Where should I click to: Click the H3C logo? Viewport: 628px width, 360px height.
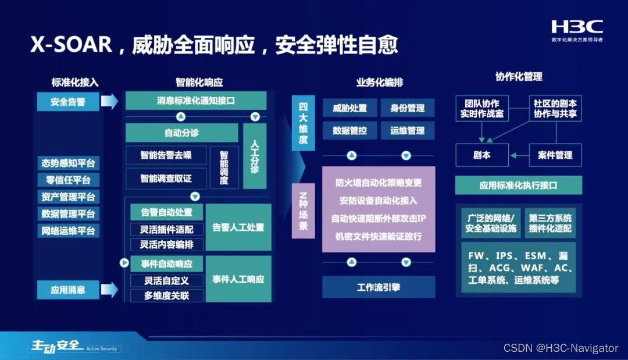[x=577, y=27]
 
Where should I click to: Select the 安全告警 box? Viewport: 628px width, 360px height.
[x=68, y=102]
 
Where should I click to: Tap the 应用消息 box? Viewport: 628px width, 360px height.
[x=68, y=289]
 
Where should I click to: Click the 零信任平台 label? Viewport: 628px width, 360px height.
[x=68, y=180]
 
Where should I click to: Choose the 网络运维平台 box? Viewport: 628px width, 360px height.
[x=68, y=230]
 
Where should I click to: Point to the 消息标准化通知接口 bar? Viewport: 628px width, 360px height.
[x=196, y=101]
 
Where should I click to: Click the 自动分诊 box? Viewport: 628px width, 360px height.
[x=181, y=133]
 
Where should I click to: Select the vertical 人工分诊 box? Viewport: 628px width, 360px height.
[x=254, y=156]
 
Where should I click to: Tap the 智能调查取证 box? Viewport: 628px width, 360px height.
[x=166, y=178]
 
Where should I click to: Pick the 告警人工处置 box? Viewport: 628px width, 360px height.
[x=238, y=227]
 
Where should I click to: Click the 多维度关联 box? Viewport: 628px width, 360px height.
[x=166, y=295]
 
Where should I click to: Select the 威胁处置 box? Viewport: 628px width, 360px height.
[x=349, y=108]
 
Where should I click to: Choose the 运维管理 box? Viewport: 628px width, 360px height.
[x=407, y=131]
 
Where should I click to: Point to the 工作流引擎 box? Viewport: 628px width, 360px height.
[x=378, y=287]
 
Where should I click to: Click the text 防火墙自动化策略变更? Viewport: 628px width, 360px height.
[x=379, y=183]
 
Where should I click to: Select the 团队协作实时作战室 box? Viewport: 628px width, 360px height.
[x=482, y=109]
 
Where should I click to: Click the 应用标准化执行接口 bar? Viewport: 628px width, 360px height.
[x=518, y=186]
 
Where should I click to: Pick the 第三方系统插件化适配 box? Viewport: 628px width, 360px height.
[x=550, y=223]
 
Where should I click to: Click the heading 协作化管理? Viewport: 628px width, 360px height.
[x=519, y=77]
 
